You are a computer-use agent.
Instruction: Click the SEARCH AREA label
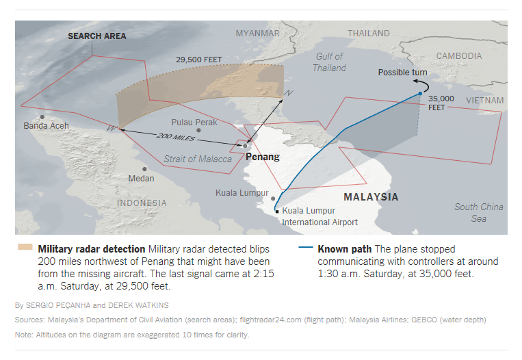point(96,36)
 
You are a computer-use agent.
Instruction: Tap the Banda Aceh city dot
point(42,117)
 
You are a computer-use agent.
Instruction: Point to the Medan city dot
point(144,169)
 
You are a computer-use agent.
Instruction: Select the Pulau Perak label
point(194,123)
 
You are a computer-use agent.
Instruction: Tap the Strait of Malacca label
point(197,159)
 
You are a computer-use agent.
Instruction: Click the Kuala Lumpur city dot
point(273,194)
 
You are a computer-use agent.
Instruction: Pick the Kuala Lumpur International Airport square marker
point(277,211)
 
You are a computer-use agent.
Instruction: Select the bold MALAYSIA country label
point(371,197)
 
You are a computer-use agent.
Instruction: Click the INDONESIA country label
point(142,203)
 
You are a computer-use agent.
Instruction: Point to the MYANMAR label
point(257,34)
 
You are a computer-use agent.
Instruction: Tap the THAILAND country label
point(369,33)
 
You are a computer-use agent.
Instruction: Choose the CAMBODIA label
point(458,56)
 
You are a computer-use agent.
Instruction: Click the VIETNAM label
point(484,101)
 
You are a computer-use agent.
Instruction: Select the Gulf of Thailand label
point(329,62)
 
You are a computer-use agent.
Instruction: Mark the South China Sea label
point(478,212)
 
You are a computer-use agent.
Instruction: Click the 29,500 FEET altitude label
point(198,60)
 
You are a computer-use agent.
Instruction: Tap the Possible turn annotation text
point(402,73)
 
